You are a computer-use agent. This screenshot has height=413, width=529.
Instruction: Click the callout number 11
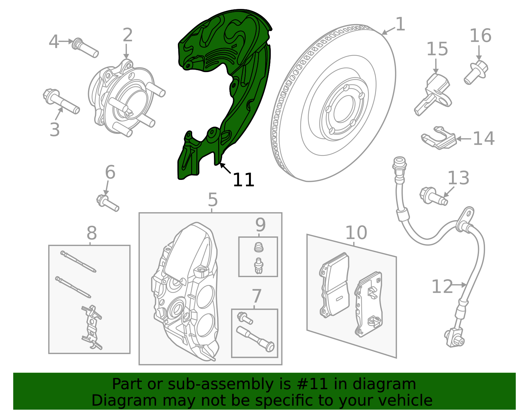tap(243, 180)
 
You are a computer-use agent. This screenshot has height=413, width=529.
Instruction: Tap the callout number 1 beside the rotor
tap(400, 24)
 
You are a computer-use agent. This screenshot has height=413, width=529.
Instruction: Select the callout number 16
tap(480, 35)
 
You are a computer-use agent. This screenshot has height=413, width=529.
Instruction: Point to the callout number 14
tap(483, 139)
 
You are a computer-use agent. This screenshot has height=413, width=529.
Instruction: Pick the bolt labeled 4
tap(85, 48)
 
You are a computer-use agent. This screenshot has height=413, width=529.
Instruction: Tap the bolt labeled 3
tap(61, 101)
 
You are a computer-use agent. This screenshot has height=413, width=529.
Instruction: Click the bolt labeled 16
tap(476, 72)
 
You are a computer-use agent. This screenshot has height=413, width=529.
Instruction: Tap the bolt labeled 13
tap(433, 196)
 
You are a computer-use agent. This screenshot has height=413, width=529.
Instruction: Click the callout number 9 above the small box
tap(260, 225)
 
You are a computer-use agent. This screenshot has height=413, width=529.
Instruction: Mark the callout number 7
tap(257, 296)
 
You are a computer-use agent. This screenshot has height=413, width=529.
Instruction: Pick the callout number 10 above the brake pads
tap(356, 233)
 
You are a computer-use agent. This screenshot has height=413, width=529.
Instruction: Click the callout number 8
tap(92, 233)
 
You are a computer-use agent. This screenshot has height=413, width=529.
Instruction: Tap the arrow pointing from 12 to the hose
tap(459, 285)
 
